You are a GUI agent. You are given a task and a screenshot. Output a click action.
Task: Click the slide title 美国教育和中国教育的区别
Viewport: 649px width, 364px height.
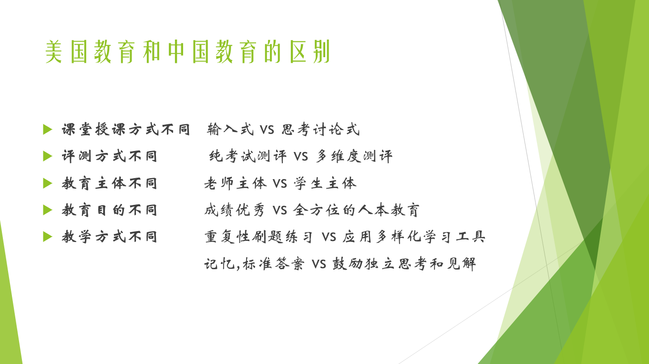pos(188,51)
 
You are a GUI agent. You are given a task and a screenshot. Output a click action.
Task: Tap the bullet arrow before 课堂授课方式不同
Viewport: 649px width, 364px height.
pos(48,130)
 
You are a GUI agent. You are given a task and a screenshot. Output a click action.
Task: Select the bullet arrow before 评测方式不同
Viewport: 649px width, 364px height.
pos(48,156)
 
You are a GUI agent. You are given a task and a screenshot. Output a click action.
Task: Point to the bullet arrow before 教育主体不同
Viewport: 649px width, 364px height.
pos(48,183)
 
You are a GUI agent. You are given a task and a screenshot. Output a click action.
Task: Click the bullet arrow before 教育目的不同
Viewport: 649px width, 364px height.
pos(48,210)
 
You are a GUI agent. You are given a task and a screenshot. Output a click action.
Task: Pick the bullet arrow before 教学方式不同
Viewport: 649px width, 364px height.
pos(48,237)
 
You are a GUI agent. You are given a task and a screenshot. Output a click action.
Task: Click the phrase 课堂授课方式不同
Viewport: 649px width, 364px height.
pos(126,130)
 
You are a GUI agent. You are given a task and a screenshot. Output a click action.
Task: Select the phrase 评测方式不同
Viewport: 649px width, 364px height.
pos(109,156)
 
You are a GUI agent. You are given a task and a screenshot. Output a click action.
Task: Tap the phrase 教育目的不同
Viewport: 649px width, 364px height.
pos(109,210)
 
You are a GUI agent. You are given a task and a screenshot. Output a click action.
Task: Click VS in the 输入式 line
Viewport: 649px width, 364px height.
pos(267,130)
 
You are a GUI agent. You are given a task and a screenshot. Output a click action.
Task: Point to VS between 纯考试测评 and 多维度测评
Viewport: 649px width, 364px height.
pos(301,157)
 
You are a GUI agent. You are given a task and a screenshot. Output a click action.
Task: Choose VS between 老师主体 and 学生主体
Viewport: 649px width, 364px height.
pos(280,184)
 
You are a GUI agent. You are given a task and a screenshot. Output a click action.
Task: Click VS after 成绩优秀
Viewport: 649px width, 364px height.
pos(280,211)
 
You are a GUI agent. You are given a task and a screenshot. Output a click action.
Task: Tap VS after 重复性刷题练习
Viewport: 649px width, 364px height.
pos(329,237)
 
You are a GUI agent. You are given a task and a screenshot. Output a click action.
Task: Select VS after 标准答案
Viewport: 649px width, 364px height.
pos(319,264)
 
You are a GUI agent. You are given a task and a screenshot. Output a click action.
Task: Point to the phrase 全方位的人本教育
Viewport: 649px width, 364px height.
pos(356,210)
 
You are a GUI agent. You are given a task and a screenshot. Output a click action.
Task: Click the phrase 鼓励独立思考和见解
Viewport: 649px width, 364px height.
pos(404,264)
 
